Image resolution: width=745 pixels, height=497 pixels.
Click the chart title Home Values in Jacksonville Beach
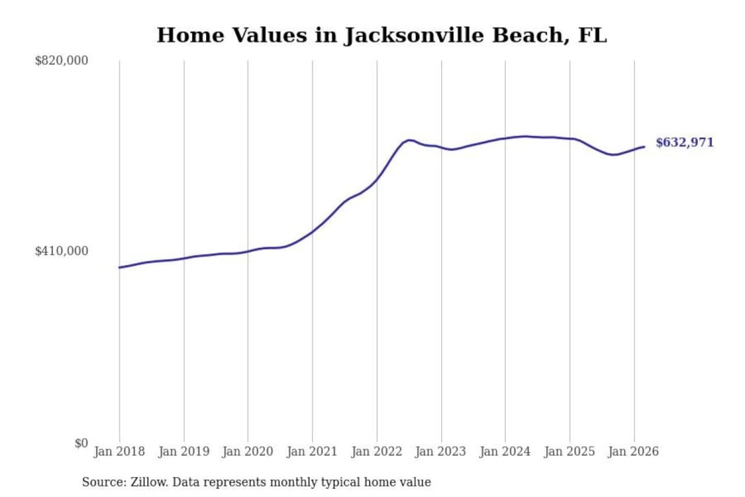point(381,35)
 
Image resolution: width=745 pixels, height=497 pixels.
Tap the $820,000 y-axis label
point(62,61)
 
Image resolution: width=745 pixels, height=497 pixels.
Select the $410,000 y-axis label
point(62,251)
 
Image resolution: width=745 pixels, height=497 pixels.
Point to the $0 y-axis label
point(81,443)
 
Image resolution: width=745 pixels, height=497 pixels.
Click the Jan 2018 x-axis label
point(119,451)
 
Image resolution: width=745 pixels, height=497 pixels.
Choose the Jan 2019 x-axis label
point(184,451)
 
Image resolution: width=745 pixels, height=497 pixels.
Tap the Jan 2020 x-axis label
point(247,451)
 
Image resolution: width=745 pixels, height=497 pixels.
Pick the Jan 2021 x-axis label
point(312,451)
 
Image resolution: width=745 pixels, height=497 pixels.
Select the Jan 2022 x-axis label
point(377,451)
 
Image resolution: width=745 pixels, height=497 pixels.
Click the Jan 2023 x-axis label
point(441,451)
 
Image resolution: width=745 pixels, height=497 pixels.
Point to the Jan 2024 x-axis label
point(505,451)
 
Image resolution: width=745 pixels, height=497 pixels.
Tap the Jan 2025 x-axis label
point(570,451)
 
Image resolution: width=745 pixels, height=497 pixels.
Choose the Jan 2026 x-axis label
point(633,451)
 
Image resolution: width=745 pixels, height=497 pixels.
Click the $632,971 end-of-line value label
point(684,142)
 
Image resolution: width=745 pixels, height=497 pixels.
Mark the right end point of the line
point(644,147)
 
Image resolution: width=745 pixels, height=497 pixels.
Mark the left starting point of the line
point(120,267)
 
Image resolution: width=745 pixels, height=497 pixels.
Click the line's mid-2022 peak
point(409,140)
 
